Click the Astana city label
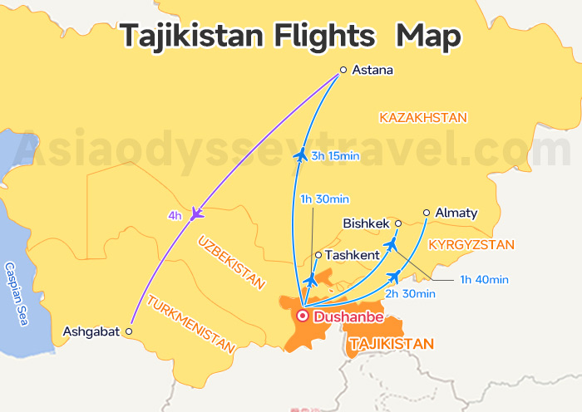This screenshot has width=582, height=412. point(372,71)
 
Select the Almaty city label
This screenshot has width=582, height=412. point(456,213)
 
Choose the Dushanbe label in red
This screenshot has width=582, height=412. point(348,316)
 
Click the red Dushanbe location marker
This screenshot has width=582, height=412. point(303,316)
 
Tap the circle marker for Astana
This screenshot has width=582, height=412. point(343,71)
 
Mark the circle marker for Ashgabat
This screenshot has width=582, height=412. point(128,331)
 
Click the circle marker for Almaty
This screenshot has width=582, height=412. point(427,213)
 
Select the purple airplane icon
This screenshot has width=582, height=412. point(196,213)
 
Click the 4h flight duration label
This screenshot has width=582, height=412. point(175,216)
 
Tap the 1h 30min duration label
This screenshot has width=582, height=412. point(324,199)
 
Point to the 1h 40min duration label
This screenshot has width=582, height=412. point(484,279)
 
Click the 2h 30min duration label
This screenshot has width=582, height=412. point(410,293)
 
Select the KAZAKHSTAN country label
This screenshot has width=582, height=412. point(423,117)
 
